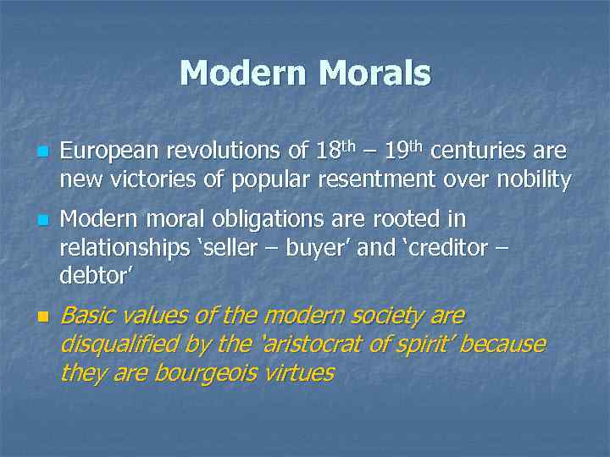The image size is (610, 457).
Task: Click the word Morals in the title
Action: tap(374, 73)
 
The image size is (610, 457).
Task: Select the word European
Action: tap(109, 152)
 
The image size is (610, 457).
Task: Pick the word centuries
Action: tap(477, 152)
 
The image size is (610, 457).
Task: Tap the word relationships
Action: tap(116, 248)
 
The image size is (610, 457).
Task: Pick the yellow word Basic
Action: tap(89, 317)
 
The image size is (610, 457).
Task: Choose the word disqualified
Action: tap(118, 344)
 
